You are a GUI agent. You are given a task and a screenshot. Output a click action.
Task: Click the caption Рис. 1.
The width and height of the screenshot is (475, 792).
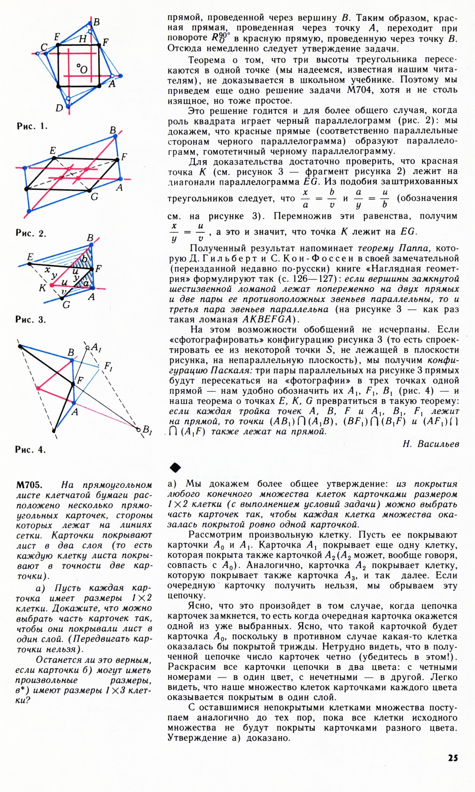point(31,127)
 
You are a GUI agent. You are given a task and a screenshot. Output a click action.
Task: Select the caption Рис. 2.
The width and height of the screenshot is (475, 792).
point(31,233)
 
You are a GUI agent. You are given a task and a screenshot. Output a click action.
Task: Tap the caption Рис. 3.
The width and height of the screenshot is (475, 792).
point(31,320)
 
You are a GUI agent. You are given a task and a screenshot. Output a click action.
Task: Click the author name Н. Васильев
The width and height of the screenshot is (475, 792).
point(431,444)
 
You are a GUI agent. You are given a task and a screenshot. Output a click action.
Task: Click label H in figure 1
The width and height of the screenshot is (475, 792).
point(83,39)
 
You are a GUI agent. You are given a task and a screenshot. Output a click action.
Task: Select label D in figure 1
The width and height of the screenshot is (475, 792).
point(59,108)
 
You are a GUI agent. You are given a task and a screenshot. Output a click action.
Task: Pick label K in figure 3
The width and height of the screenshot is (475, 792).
point(42,288)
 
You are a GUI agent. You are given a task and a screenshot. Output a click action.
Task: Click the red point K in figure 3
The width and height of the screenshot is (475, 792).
point(51,285)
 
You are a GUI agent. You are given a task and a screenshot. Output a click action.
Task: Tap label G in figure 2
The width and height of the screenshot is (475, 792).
point(94,196)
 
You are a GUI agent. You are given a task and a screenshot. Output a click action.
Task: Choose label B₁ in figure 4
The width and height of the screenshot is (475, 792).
point(147,430)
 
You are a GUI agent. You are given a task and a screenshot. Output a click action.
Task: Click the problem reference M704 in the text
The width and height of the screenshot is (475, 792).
point(360,90)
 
